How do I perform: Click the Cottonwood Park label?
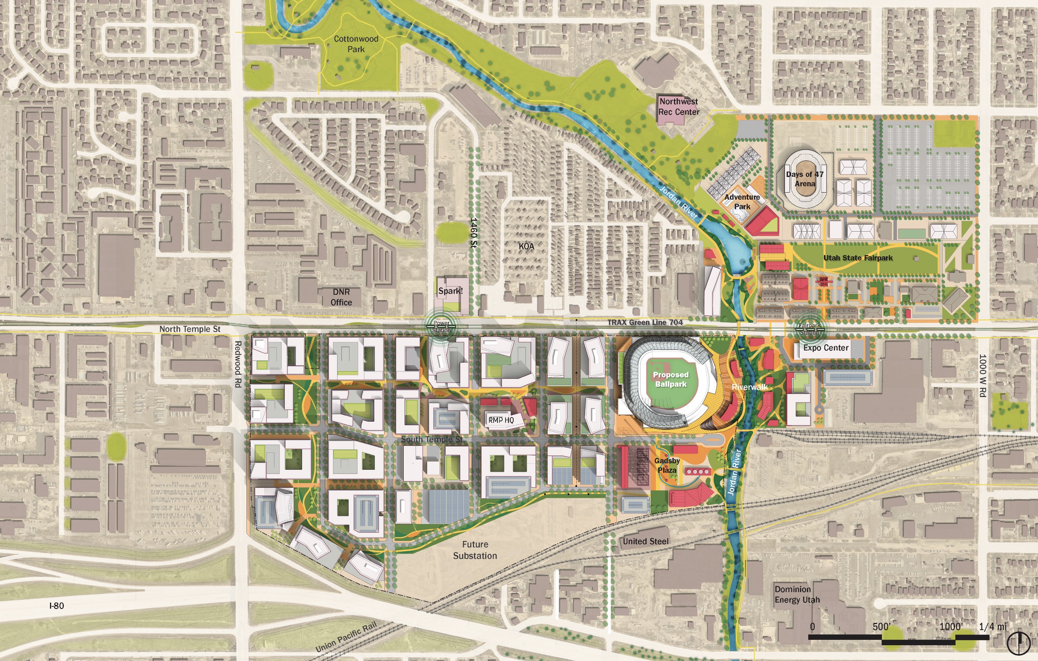pyautogui.click(x=356, y=44)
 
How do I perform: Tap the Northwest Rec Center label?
pyautogui.click(x=679, y=107)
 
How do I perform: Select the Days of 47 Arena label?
pyautogui.click(x=805, y=179)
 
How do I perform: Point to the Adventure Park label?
pyautogui.click(x=742, y=202)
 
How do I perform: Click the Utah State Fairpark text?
pyautogui.click(x=858, y=257)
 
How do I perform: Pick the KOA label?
pyautogui.click(x=526, y=246)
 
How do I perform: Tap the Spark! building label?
pyautogui.click(x=451, y=291)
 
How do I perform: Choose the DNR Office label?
pyautogui.click(x=341, y=297)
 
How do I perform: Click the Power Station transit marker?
pyautogui.click(x=441, y=327)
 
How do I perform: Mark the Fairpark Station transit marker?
pyautogui.click(x=809, y=329)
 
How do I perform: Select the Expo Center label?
pyautogui.click(x=825, y=348)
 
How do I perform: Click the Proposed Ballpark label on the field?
pyautogui.click(x=671, y=379)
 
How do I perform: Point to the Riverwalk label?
pyautogui.click(x=750, y=387)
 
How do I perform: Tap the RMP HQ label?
pyautogui.click(x=501, y=420)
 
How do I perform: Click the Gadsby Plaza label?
pyautogui.click(x=667, y=465)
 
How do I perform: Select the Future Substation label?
pyautogui.click(x=475, y=550)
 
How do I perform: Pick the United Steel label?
pyautogui.click(x=645, y=541)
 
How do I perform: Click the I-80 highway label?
pyautogui.click(x=57, y=606)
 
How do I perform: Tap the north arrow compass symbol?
pyautogui.click(x=1018, y=643)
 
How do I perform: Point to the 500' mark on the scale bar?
pyautogui.click(x=882, y=627)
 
